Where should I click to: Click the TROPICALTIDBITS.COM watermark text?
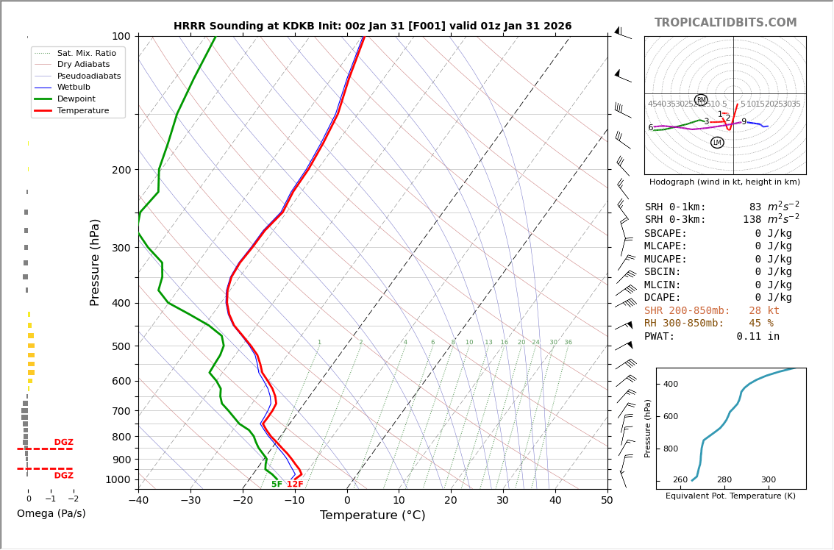[x=725, y=23]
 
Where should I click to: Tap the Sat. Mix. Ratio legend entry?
[x=86, y=54]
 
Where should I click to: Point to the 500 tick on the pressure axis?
[x=121, y=346]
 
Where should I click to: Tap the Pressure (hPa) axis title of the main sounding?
[x=95, y=262]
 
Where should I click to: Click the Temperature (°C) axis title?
[x=372, y=515]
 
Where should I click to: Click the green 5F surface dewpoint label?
[x=277, y=485]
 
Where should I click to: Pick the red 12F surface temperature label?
[x=295, y=485]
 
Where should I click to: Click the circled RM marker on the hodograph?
[x=701, y=100]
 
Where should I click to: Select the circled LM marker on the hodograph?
[x=717, y=143]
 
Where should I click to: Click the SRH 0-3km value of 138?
[x=752, y=220]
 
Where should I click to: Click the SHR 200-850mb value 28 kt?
[x=764, y=311]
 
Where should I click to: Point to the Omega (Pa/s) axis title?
[x=51, y=514]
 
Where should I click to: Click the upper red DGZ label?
[x=63, y=443]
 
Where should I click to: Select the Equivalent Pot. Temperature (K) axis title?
[x=730, y=496]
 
